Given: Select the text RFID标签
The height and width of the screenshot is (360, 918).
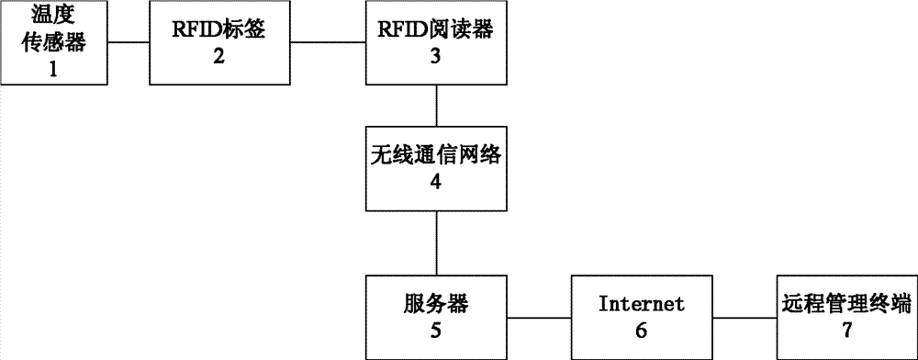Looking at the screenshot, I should [x=218, y=29].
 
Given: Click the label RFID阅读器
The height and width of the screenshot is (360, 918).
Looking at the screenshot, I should [x=435, y=29].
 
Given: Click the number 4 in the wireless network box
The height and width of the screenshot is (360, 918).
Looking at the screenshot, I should [x=435, y=181].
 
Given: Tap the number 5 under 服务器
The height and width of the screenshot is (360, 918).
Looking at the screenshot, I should [x=435, y=329].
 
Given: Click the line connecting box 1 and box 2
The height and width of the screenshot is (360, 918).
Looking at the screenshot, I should [x=128, y=42].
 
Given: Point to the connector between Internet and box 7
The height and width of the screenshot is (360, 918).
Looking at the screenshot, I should [x=744, y=319].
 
